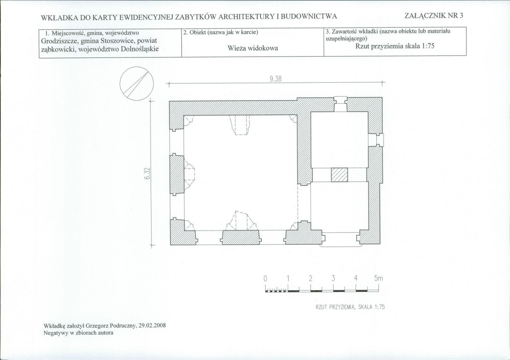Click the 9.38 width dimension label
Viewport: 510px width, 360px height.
pyautogui.click(x=275, y=79)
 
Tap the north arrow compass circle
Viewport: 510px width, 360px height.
pyautogui.click(x=137, y=83)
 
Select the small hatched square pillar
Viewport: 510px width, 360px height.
pyautogui.click(x=339, y=175)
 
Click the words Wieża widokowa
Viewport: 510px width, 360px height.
pyautogui.click(x=253, y=48)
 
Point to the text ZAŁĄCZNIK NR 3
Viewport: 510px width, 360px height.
pyautogui.click(x=434, y=16)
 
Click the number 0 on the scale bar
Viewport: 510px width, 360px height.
pyautogui.click(x=265, y=278)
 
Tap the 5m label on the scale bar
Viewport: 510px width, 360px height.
pyautogui.click(x=378, y=278)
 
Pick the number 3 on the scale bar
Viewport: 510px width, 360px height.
pyautogui.click(x=333, y=278)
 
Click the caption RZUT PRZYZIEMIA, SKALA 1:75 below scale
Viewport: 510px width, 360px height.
pyautogui.click(x=350, y=307)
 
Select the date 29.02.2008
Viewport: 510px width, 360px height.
pyautogui.click(x=152, y=325)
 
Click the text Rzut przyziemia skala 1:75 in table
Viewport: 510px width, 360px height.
pyautogui.click(x=395, y=46)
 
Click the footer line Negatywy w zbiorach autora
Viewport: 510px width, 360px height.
pyautogui.click(x=78, y=333)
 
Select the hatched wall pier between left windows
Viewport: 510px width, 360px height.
pyautogui.click(x=177, y=175)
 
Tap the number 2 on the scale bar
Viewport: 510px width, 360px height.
pyautogui.click(x=311, y=278)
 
